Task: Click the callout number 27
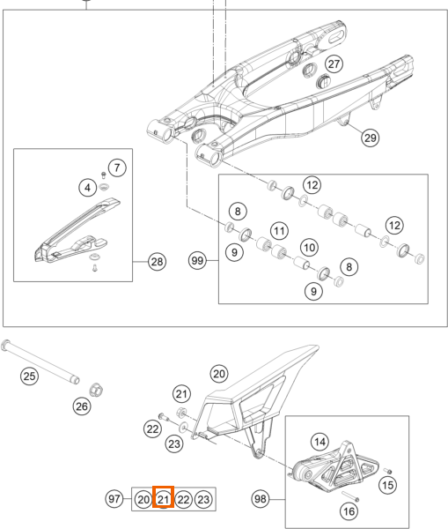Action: (334, 63)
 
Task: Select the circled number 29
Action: (371, 138)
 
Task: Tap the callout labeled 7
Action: (117, 168)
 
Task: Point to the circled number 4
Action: (88, 188)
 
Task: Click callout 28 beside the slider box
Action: (157, 262)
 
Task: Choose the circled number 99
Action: (197, 260)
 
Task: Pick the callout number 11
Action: (279, 231)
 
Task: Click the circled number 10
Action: (309, 248)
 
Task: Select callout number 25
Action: (29, 376)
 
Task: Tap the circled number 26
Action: (82, 406)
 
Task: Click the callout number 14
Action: (319, 442)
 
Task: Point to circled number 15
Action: (387, 485)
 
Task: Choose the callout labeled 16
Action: (349, 511)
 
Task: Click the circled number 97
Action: (114, 499)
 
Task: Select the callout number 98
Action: (261, 499)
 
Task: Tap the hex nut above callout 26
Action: (96, 390)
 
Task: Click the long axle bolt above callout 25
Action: (40, 361)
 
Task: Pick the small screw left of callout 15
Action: (388, 471)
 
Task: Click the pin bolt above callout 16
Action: (350, 496)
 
